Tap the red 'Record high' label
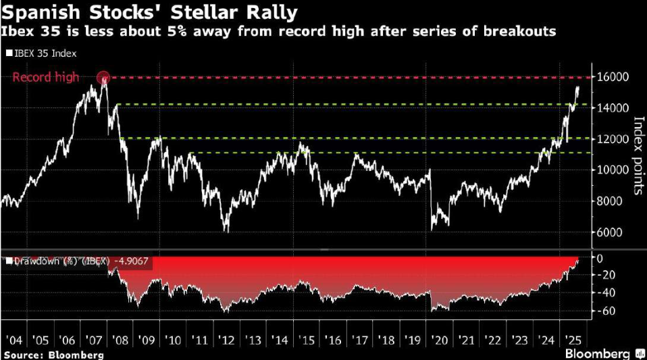[x=46, y=78]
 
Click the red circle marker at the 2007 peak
[x=103, y=78]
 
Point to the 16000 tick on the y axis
[x=610, y=77]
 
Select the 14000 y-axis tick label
[x=610, y=108]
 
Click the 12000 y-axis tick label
[x=610, y=139]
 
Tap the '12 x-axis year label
[x=226, y=340]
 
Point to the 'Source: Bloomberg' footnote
[x=53, y=354]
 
